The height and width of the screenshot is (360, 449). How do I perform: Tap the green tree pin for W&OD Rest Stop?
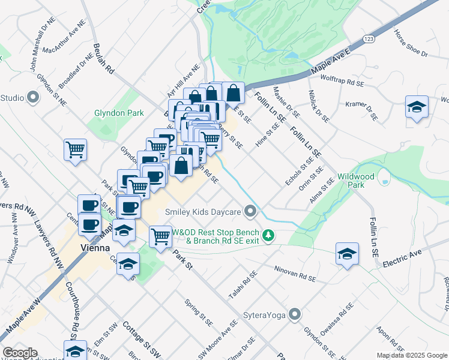[x=270, y=236]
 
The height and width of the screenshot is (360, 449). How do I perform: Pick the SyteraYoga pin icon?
[x=295, y=314]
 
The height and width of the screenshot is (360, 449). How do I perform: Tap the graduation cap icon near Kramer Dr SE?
[x=417, y=107]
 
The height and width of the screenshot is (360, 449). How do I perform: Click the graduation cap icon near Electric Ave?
[x=347, y=254]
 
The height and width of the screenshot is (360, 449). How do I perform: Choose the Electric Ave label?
[x=403, y=258]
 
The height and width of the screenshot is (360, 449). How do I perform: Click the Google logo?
[x=20, y=353]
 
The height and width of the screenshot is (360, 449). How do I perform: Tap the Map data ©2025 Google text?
[x=411, y=355]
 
